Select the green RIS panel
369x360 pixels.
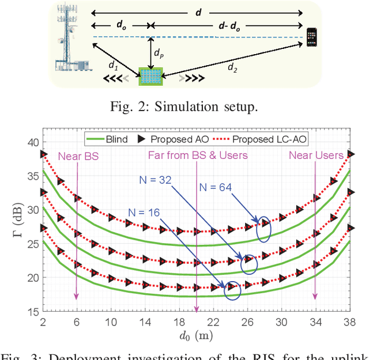coord(151,77)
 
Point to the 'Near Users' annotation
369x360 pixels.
coord(315,155)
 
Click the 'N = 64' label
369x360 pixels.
coord(217,187)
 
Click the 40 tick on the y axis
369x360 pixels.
coord(33,142)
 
